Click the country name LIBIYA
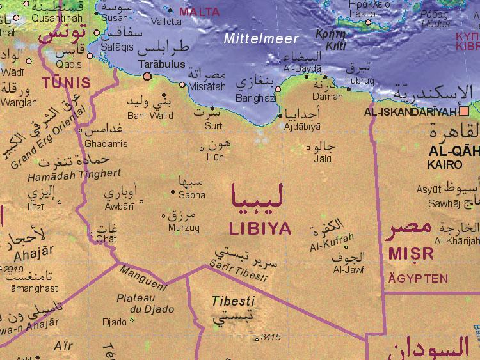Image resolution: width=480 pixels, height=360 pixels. click(x=260, y=228)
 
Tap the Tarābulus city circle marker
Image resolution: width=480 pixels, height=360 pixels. click(x=148, y=76)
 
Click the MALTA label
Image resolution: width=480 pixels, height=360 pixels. click(x=199, y=12)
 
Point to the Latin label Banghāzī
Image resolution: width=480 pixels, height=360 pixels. click(x=256, y=98)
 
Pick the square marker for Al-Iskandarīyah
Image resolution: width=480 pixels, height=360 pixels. click(x=464, y=111)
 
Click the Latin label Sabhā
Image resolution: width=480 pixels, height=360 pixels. click(x=192, y=194)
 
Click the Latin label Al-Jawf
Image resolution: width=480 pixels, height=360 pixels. click(x=348, y=270)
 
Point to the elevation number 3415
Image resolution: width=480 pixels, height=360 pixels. click(x=271, y=337)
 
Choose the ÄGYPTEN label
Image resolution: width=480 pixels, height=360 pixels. click(x=417, y=279)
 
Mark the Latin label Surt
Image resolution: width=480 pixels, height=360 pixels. click(x=213, y=125)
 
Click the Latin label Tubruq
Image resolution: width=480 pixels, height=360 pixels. click(x=359, y=81)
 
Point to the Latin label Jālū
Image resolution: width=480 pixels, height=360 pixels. click(x=323, y=159)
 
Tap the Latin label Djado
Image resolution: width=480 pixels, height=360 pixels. click(x=115, y=322)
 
